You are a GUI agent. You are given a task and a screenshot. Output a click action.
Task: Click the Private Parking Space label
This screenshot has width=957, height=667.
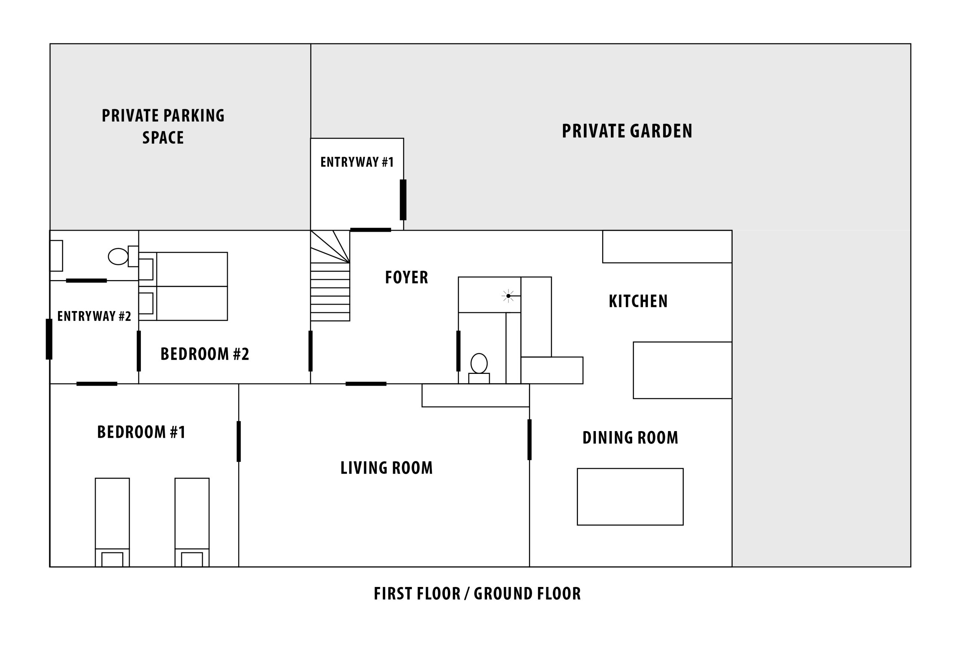point(163,126)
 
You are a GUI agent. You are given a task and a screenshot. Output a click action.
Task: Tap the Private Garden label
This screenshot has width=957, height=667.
point(627,131)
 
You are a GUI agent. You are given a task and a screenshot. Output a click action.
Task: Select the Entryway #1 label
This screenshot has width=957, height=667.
point(357,162)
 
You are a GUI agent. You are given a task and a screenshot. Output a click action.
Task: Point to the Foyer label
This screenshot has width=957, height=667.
point(406,277)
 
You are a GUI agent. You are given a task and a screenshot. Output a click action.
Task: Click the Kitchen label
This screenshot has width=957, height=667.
point(638,301)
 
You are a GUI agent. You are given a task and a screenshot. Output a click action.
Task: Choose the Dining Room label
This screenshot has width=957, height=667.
point(630,437)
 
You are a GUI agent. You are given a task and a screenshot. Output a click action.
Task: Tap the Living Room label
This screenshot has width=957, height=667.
point(387,468)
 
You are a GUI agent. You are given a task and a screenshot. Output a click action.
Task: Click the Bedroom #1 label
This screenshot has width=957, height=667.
point(141,432)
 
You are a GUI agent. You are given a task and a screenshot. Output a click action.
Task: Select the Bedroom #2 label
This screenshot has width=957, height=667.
point(204,354)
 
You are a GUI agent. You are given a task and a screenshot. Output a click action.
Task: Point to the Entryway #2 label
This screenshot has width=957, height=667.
point(94,316)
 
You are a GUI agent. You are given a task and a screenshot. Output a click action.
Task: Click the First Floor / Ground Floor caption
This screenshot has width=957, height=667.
point(477,594)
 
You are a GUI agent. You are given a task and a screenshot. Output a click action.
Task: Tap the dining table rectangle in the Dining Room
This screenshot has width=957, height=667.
point(630,497)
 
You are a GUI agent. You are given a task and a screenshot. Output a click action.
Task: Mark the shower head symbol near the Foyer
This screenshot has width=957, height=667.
point(508,296)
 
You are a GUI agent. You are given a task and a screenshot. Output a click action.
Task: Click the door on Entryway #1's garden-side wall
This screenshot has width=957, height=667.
point(403,200)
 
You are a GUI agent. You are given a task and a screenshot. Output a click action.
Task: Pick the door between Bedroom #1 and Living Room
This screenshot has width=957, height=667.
point(239,442)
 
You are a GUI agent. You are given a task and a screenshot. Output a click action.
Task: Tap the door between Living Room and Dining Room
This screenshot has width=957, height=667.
point(529,440)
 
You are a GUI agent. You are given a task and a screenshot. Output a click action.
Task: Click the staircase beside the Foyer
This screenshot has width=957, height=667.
point(330,276)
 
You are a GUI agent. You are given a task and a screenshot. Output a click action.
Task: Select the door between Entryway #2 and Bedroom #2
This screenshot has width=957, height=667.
point(139,351)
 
